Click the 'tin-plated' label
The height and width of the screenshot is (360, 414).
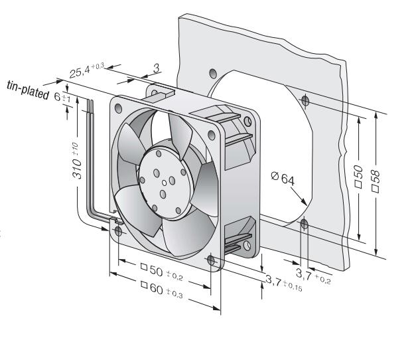[28, 90]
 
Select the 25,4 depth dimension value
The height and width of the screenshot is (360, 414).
[87, 70]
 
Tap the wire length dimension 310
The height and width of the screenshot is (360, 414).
[76, 161]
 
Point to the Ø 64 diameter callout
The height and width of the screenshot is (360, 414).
[283, 179]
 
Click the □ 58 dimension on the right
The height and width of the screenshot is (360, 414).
[376, 181]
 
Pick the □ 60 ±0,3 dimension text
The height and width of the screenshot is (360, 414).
[162, 289]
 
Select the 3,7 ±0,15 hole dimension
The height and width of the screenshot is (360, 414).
[283, 282]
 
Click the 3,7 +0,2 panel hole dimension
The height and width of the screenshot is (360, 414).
[313, 276]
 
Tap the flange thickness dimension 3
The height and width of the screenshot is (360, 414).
[157, 68]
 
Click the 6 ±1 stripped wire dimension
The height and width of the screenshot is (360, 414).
[62, 97]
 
